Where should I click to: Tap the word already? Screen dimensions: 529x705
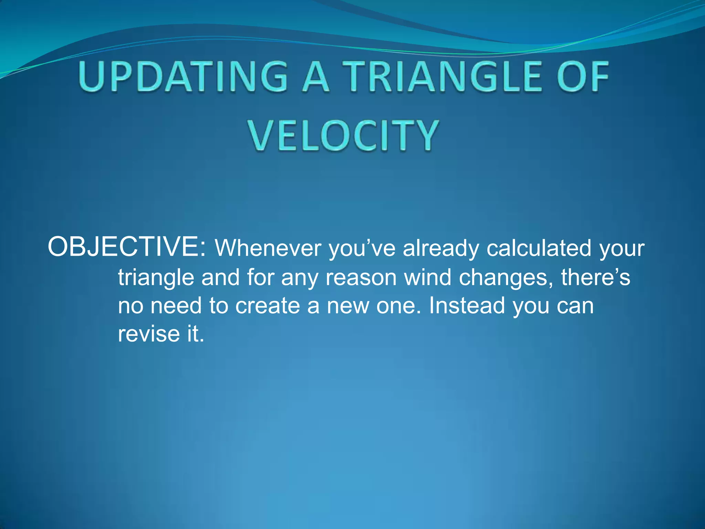pos(441,249)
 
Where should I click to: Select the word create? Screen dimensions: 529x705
pos(267,306)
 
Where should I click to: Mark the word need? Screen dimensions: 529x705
pos(176,306)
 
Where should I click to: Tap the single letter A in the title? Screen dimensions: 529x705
pos(316,76)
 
